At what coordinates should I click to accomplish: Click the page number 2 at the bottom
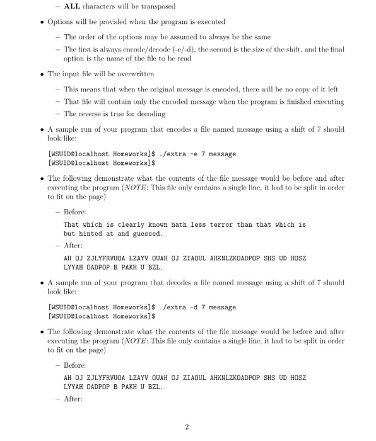187,428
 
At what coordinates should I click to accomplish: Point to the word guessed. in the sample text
147,234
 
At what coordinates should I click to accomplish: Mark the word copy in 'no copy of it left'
299,89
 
